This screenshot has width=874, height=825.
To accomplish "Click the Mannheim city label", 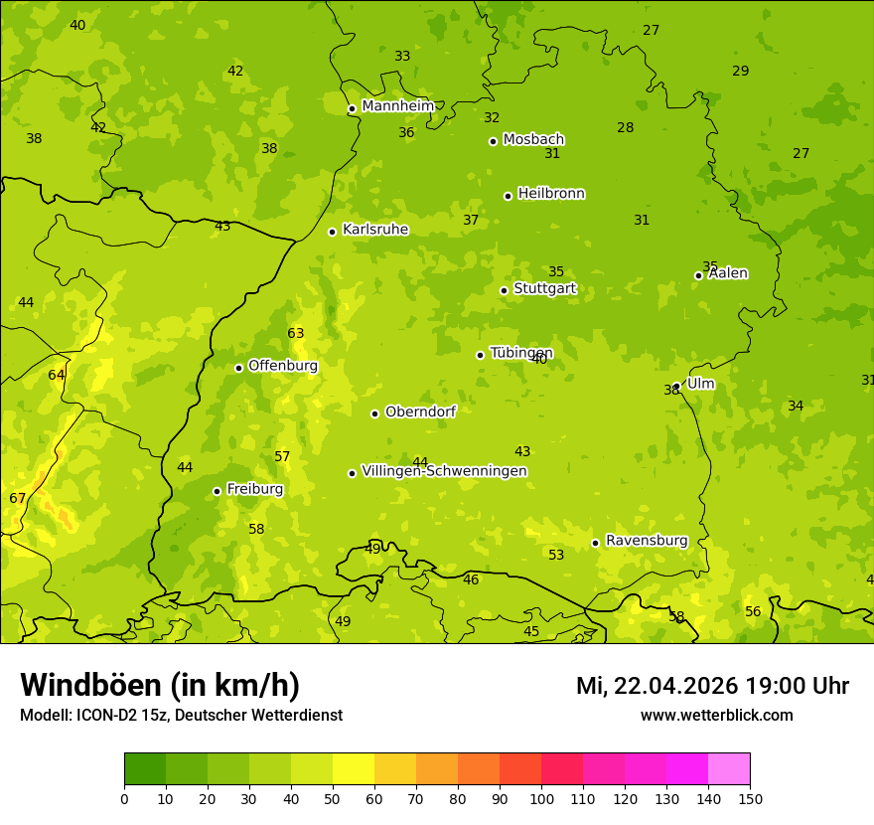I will point(397,106).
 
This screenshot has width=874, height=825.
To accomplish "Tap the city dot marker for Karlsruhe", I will point(332,232).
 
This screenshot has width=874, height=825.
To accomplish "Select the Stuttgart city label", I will point(544,289).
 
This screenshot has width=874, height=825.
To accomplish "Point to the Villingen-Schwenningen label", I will point(444,471).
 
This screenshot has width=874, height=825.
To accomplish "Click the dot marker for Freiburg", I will point(217,491).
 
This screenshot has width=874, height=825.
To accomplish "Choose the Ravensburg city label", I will point(647,541).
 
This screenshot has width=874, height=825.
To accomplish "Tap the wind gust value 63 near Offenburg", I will point(296,334).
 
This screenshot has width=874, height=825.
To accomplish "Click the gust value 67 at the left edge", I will point(18,499).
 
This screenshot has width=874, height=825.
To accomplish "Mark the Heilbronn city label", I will point(551,194).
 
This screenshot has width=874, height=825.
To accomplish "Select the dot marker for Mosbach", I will point(493,141).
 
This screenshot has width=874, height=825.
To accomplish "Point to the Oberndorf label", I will point(420,412).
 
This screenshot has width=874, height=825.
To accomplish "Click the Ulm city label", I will point(700,384).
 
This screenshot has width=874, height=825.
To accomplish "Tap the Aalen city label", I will point(728,273).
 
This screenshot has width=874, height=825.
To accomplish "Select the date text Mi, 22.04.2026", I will point(657,686).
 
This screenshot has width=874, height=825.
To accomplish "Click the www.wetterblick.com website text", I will point(716,716).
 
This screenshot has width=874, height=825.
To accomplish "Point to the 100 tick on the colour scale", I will point(541,798).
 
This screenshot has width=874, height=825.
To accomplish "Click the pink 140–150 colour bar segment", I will point(729,769).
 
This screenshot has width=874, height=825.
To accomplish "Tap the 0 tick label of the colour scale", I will point(124,798).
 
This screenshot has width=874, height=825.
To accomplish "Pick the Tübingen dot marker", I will point(480,355).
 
